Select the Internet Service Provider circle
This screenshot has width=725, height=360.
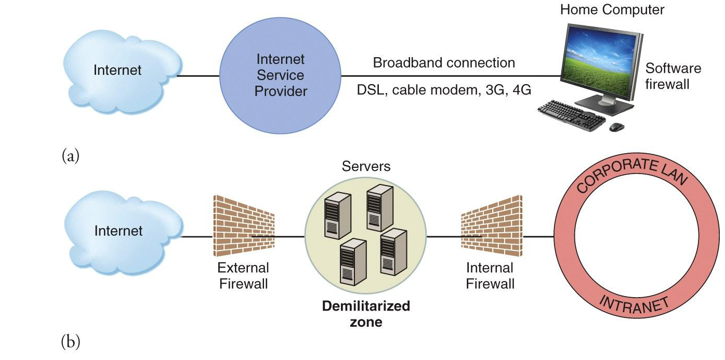(x=280, y=75)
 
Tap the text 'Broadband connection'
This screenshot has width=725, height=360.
(x=444, y=63)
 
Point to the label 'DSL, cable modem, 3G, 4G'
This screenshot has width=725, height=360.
(x=444, y=90)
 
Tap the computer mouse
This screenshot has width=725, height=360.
(x=616, y=126)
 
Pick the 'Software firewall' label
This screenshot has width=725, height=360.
(x=673, y=76)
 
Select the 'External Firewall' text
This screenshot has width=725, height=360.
(x=243, y=276)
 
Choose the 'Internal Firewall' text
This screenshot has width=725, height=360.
(x=490, y=276)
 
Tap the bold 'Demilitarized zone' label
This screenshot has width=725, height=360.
(x=366, y=314)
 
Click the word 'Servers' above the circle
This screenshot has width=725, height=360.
(x=366, y=167)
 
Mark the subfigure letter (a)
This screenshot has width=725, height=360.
(x=70, y=155)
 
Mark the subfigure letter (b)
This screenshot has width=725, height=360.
(x=71, y=341)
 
